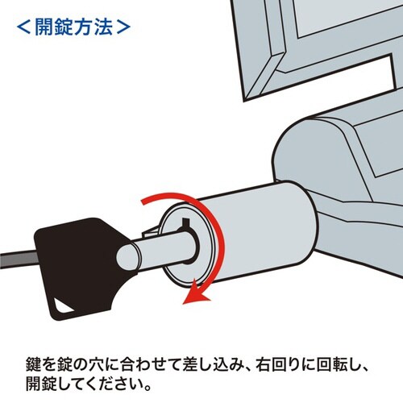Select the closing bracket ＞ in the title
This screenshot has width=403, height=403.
(x=121, y=26)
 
